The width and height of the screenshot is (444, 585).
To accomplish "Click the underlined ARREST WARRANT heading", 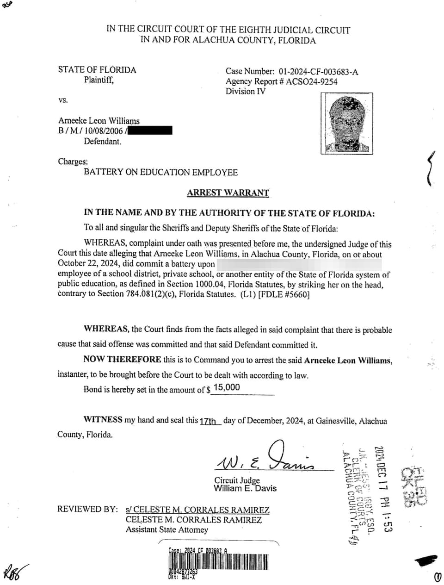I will [228, 193].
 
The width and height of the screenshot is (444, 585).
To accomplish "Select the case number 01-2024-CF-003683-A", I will [318, 72].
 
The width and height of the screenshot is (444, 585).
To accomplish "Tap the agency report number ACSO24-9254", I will [312, 82].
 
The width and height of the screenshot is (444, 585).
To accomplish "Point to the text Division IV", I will [246, 92].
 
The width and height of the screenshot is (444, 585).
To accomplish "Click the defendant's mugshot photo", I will [346, 123].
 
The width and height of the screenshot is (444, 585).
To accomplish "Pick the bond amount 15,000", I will [227, 388].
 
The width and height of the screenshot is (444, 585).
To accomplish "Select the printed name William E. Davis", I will [245, 489].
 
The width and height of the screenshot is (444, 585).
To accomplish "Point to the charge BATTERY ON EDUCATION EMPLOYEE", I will [160, 173].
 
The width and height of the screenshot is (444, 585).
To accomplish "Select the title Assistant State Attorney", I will [167, 530].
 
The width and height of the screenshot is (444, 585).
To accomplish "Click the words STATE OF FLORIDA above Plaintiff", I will [97, 70].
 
